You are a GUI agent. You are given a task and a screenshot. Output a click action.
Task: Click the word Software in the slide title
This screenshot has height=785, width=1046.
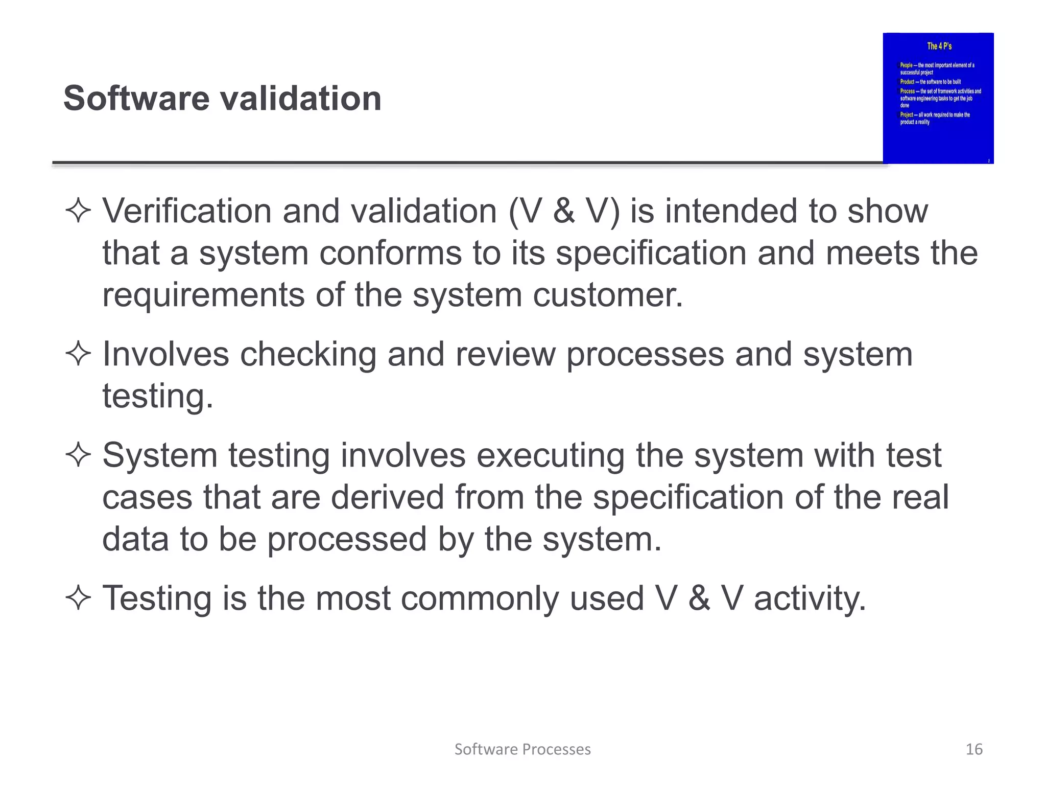(x=136, y=98)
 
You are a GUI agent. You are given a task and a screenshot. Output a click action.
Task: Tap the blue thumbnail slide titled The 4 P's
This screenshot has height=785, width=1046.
(x=938, y=98)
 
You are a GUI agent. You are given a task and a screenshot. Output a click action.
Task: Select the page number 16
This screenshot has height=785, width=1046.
(x=974, y=749)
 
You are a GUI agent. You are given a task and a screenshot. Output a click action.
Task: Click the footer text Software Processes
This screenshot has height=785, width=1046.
(x=522, y=749)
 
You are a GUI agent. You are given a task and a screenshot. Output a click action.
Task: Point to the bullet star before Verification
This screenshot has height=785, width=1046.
(x=78, y=211)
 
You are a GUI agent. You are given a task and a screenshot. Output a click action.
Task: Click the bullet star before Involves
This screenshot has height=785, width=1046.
(x=78, y=354)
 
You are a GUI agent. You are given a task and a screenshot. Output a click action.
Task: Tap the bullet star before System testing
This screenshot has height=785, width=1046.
(x=78, y=455)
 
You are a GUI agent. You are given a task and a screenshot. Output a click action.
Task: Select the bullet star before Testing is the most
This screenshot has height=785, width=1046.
(x=78, y=598)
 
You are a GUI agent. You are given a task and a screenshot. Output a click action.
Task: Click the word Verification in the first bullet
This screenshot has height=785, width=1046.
(x=187, y=211)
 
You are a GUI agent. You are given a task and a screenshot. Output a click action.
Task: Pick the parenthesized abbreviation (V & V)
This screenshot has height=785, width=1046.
(x=564, y=211)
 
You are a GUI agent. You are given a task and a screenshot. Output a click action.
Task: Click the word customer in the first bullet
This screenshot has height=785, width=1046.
(x=607, y=295)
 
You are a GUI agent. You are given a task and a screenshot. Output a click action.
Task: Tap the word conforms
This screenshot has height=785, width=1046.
(x=390, y=253)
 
